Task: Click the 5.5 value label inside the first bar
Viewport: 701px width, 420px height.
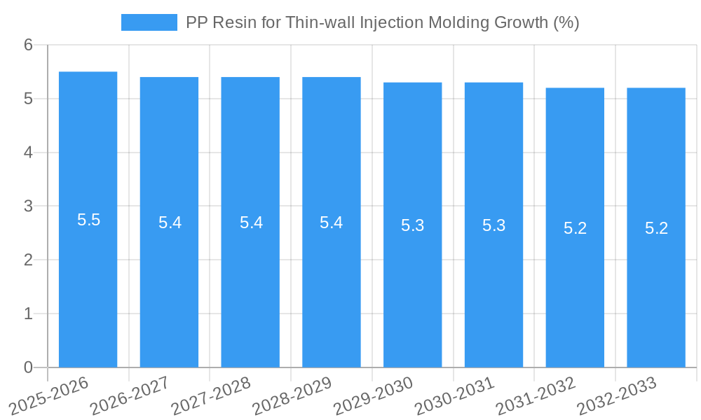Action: tap(88, 220)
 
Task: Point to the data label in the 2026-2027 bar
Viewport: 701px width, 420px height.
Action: tap(170, 223)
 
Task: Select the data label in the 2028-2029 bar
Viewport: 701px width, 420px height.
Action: tap(332, 223)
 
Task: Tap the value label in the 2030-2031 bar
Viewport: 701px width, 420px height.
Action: tap(494, 225)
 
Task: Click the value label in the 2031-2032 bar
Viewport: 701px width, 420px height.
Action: tap(575, 228)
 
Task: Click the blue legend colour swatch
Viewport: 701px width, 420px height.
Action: tap(149, 22)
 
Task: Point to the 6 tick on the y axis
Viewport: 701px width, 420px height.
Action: tap(29, 45)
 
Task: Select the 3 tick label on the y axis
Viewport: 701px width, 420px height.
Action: tap(29, 206)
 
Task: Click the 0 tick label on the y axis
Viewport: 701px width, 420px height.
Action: tap(29, 367)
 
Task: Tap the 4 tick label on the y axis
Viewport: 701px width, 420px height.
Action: tap(29, 153)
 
